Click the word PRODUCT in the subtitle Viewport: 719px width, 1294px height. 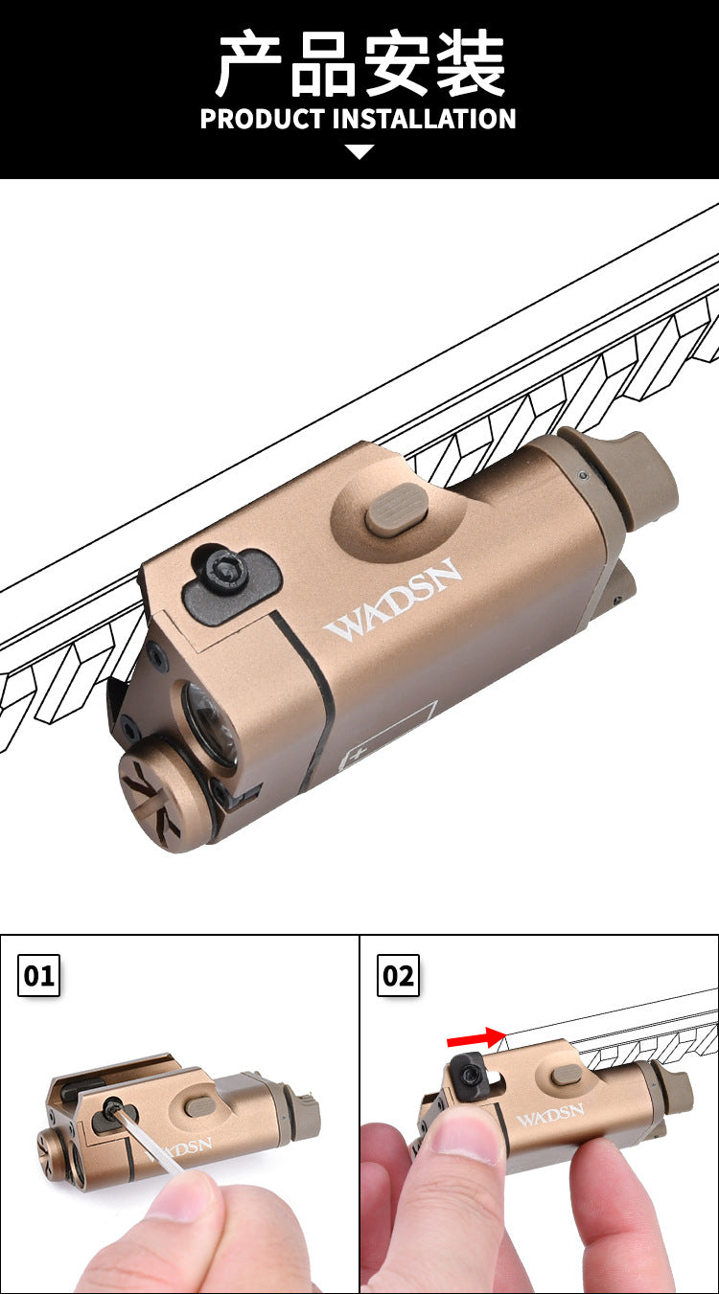[262, 119]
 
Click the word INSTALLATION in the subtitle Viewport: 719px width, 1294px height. [424, 119]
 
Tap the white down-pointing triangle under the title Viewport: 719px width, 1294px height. [359, 152]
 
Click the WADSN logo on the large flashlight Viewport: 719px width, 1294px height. [393, 600]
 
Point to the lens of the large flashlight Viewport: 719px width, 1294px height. [209, 724]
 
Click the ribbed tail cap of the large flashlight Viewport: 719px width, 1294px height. [636, 475]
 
